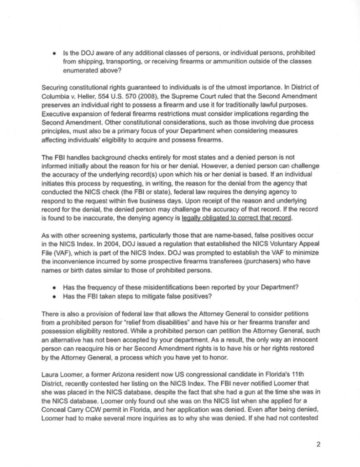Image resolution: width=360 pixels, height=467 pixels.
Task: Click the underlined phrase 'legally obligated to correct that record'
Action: click(x=237, y=218)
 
